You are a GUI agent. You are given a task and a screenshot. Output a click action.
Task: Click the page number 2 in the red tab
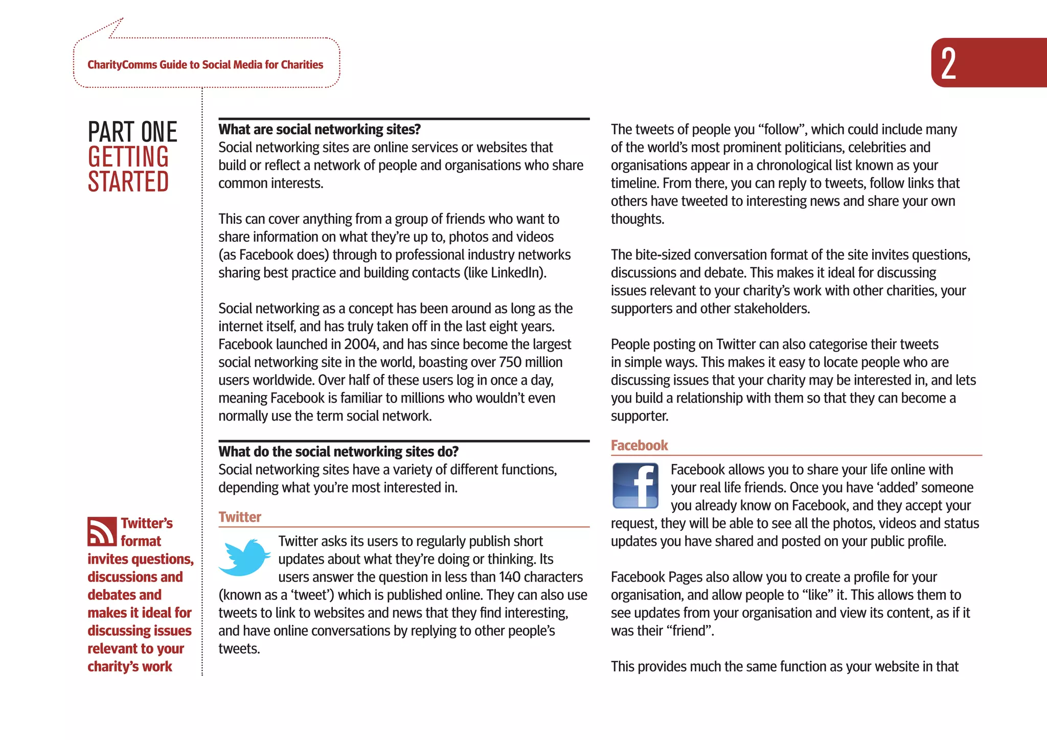pos(948,63)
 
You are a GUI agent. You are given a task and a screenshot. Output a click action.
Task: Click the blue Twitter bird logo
pos(244,557)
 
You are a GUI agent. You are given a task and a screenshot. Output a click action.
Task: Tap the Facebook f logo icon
pos(635,485)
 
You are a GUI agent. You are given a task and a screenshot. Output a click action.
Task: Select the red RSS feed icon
pos(102,531)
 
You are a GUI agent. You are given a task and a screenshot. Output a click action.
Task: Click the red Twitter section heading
pos(240,517)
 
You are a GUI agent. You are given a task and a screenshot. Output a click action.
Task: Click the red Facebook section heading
pos(639,445)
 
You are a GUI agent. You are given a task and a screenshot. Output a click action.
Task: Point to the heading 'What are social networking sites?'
pos(320,129)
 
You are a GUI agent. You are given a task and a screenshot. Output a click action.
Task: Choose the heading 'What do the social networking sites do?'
pos(338,451)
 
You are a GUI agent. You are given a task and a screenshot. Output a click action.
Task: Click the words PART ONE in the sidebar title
pos(132,132)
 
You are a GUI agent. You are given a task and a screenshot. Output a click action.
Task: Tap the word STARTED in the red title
pos(128,182)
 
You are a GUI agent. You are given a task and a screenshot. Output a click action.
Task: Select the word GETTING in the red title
pos(128,157)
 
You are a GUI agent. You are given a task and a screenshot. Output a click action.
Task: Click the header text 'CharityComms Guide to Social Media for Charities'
pos(205,65)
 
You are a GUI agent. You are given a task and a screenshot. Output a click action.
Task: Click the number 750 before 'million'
pos(510,362)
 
